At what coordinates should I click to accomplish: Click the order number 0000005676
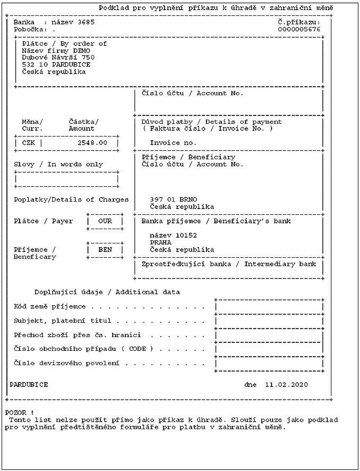point(299,29)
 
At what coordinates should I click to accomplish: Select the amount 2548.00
point(92,143)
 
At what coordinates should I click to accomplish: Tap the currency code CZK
point(29,143)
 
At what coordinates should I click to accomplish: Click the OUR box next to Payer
point(105,221)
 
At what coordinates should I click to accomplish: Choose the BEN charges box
point(105,250)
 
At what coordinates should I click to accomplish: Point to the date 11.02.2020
point(286,385)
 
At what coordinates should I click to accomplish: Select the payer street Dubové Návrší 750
point(58,57)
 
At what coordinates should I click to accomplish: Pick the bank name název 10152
point(173,235)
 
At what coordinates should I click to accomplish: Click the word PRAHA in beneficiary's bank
point(160,242)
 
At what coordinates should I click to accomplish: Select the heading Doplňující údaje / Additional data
point(107,292)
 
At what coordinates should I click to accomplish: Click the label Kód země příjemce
point(50,306)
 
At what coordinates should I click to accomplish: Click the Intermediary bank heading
point(229,264)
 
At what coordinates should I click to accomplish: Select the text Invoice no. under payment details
point(173,143)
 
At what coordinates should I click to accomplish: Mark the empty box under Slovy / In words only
point(67,179)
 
